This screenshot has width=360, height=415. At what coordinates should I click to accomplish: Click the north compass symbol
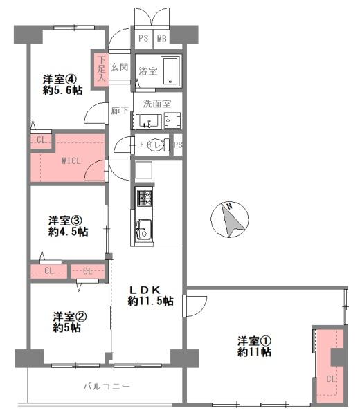pos(230,219)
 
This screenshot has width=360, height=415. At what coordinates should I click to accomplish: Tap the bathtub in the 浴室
pos(170,71)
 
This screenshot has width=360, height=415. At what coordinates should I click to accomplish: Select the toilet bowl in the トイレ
pos(156,145)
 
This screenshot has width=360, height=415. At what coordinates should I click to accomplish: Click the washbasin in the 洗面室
pos(149,122)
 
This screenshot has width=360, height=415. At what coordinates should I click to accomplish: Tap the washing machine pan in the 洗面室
pos(172,121)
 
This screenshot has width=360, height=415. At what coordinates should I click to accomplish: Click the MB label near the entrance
pos(162,39)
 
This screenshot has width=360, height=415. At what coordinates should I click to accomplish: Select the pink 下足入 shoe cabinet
pos(100,68)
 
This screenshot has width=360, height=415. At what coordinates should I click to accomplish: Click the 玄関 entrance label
pos(119,67)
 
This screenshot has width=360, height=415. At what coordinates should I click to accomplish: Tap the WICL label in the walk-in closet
pos(71,160)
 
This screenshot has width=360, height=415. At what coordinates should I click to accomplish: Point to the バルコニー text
pos(107,387)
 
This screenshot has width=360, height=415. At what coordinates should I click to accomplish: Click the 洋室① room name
pos(254,341)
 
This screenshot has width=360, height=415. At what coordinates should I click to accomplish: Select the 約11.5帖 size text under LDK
pos(150,301)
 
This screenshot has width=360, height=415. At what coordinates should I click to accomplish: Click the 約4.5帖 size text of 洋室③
pos(69,232)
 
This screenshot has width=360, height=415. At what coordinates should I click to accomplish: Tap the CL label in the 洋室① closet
pos(331,379)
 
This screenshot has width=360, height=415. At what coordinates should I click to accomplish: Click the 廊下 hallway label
pos(120,111)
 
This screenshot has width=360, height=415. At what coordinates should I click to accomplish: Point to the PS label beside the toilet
pos(178,145)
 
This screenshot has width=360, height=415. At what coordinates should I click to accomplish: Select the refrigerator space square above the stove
pos(143,170)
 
